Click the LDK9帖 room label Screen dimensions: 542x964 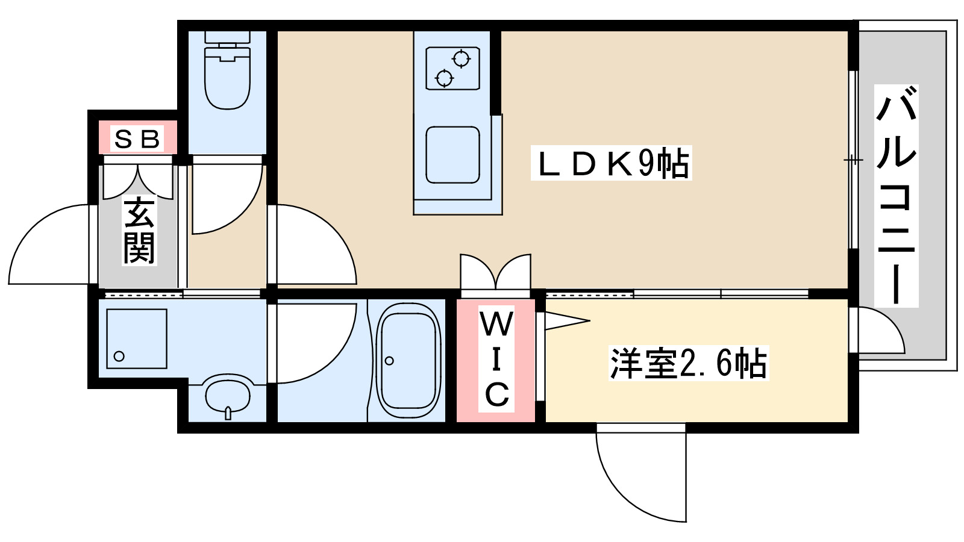(611, 163)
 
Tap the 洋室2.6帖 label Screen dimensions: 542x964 (689, 363)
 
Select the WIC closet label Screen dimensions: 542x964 (496, 360)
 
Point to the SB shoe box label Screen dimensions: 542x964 (137, 139)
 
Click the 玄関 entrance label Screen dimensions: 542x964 (139, 231)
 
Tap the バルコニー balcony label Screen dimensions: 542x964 (896, 196)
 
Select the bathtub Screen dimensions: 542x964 (408, 361)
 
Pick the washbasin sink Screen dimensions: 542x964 (227, 395)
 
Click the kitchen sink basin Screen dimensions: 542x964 (452, 155)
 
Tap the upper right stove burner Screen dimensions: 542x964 (462, 59)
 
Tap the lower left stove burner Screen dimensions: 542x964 (444, 78)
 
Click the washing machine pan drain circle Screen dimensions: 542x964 (119, 356)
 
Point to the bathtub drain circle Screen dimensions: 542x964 (389, 361)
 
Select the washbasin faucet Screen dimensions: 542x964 (227, 413)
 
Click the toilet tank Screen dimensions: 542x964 (227, 37)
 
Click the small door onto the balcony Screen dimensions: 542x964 (880, 331)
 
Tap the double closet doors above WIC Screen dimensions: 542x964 (495, 272)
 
